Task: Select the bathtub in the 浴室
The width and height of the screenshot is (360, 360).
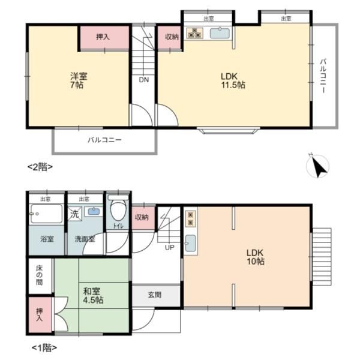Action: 47,213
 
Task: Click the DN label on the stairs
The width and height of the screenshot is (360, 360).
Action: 144,80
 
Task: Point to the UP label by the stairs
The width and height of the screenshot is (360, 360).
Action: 169,247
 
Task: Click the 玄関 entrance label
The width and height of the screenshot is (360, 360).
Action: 155,295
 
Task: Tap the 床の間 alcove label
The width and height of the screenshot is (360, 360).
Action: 39,275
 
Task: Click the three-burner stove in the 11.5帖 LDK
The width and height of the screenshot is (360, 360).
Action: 194,33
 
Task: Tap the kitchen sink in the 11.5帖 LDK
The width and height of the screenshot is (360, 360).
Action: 220,33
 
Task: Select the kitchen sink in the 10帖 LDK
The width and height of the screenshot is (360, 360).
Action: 190,244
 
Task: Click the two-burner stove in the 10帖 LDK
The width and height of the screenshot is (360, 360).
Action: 191,219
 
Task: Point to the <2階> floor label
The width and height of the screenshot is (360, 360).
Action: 40,167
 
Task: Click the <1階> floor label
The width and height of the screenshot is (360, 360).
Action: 44,348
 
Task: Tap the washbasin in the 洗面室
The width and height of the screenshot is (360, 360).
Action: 94,211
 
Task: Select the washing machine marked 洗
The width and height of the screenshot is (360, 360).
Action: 74,214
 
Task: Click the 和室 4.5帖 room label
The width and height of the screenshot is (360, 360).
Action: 93,295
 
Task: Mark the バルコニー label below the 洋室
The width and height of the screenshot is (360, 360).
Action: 104,140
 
